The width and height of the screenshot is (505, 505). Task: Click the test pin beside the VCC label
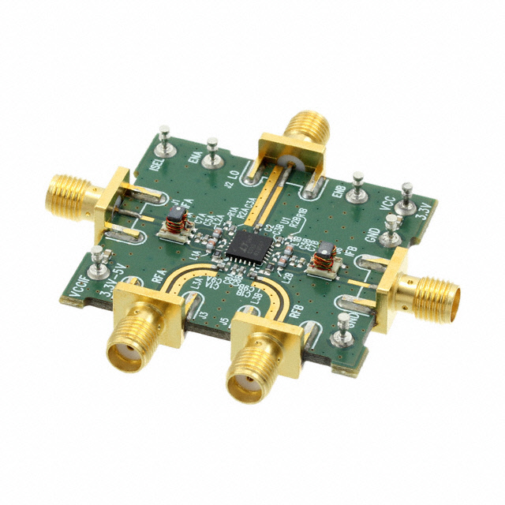tap(407, 197)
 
